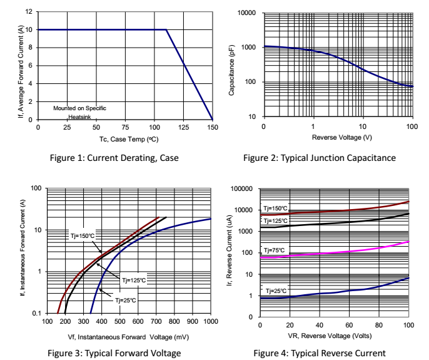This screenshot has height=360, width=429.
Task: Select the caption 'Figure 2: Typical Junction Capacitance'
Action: [319, 158]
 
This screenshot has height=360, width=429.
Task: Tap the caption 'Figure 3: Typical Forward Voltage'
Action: [114, 353]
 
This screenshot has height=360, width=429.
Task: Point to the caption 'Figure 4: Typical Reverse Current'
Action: [319, 353]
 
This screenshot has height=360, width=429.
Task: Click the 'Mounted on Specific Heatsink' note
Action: [79, 112]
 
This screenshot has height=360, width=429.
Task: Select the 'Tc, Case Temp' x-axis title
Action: [125, 138]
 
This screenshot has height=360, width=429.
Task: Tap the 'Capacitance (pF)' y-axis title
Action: [231, 64]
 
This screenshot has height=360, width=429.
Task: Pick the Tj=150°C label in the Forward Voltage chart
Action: [82, 236]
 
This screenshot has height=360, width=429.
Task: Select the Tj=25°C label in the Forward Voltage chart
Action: [125, 301]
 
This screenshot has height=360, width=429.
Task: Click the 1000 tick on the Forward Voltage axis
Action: [211, 322]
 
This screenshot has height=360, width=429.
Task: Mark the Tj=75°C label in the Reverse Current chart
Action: [275, 250]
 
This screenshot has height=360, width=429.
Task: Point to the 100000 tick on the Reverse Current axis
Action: [241, 188]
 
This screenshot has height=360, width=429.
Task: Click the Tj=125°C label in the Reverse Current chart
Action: [276, 221]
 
